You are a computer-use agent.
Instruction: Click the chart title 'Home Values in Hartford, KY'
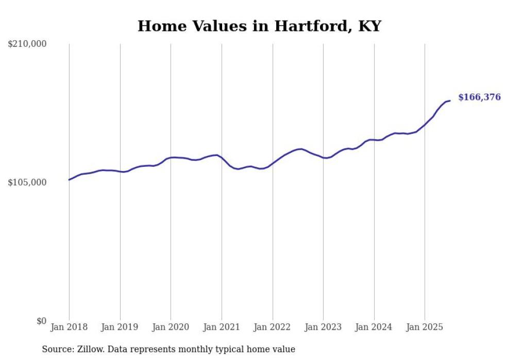(x=259, y=26)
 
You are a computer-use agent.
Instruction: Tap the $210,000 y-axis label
(x=27, y=44)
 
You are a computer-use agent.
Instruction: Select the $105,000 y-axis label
(x=27, y=182)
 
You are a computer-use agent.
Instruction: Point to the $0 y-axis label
(x=41, y=321)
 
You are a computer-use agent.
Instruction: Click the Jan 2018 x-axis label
(x=69, y=327)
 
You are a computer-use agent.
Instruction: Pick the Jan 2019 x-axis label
(x=120, y=327)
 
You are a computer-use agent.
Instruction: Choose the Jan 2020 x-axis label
(x=171, y=327)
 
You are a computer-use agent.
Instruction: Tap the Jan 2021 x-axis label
(x=222, y=327)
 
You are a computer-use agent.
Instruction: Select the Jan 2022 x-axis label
(x=273, y=327)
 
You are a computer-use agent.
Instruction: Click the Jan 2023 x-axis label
(x=323, y=327)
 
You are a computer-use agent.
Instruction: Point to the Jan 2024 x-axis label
(x=374, y=327)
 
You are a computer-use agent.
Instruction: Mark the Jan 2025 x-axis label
(x=425, y=327)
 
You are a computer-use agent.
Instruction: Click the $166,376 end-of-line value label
(x=479, y=97)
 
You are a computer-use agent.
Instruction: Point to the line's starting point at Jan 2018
(x=69, y=180)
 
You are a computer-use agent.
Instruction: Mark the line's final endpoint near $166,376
(x=450, y=100)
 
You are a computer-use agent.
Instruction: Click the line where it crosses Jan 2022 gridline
(x=273, y=162)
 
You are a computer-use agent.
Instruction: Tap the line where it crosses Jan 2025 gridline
(x=425, y=125)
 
